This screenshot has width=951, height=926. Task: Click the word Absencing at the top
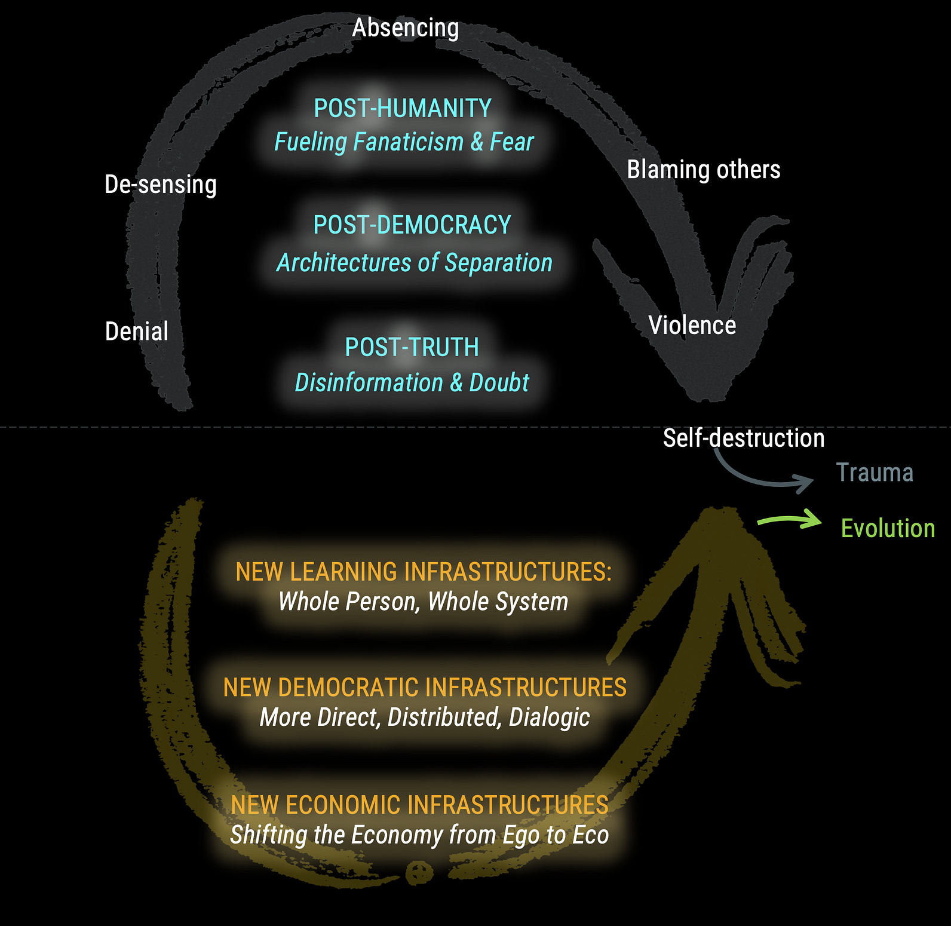point(406,28)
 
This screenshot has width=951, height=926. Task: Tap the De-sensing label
point(161,185)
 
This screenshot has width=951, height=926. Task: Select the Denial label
point(137,331)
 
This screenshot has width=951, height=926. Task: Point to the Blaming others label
point(704,170)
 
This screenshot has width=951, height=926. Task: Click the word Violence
point(692,326)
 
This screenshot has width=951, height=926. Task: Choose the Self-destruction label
point(744,438)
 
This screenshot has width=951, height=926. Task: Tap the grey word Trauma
point(875,473)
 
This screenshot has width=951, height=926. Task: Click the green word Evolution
point(888,529)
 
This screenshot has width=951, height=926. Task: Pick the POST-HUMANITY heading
point(403,109)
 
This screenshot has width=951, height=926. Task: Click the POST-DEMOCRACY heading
point(412,225)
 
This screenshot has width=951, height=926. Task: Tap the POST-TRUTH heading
point(412,347)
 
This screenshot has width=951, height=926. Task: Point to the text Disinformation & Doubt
point(412,383)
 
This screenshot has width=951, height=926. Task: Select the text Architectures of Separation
point(415,263)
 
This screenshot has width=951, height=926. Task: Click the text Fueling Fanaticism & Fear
point(404,142)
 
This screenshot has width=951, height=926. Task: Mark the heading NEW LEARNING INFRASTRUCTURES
point(424,572)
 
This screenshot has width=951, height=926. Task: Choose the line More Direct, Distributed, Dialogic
point(425,718)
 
